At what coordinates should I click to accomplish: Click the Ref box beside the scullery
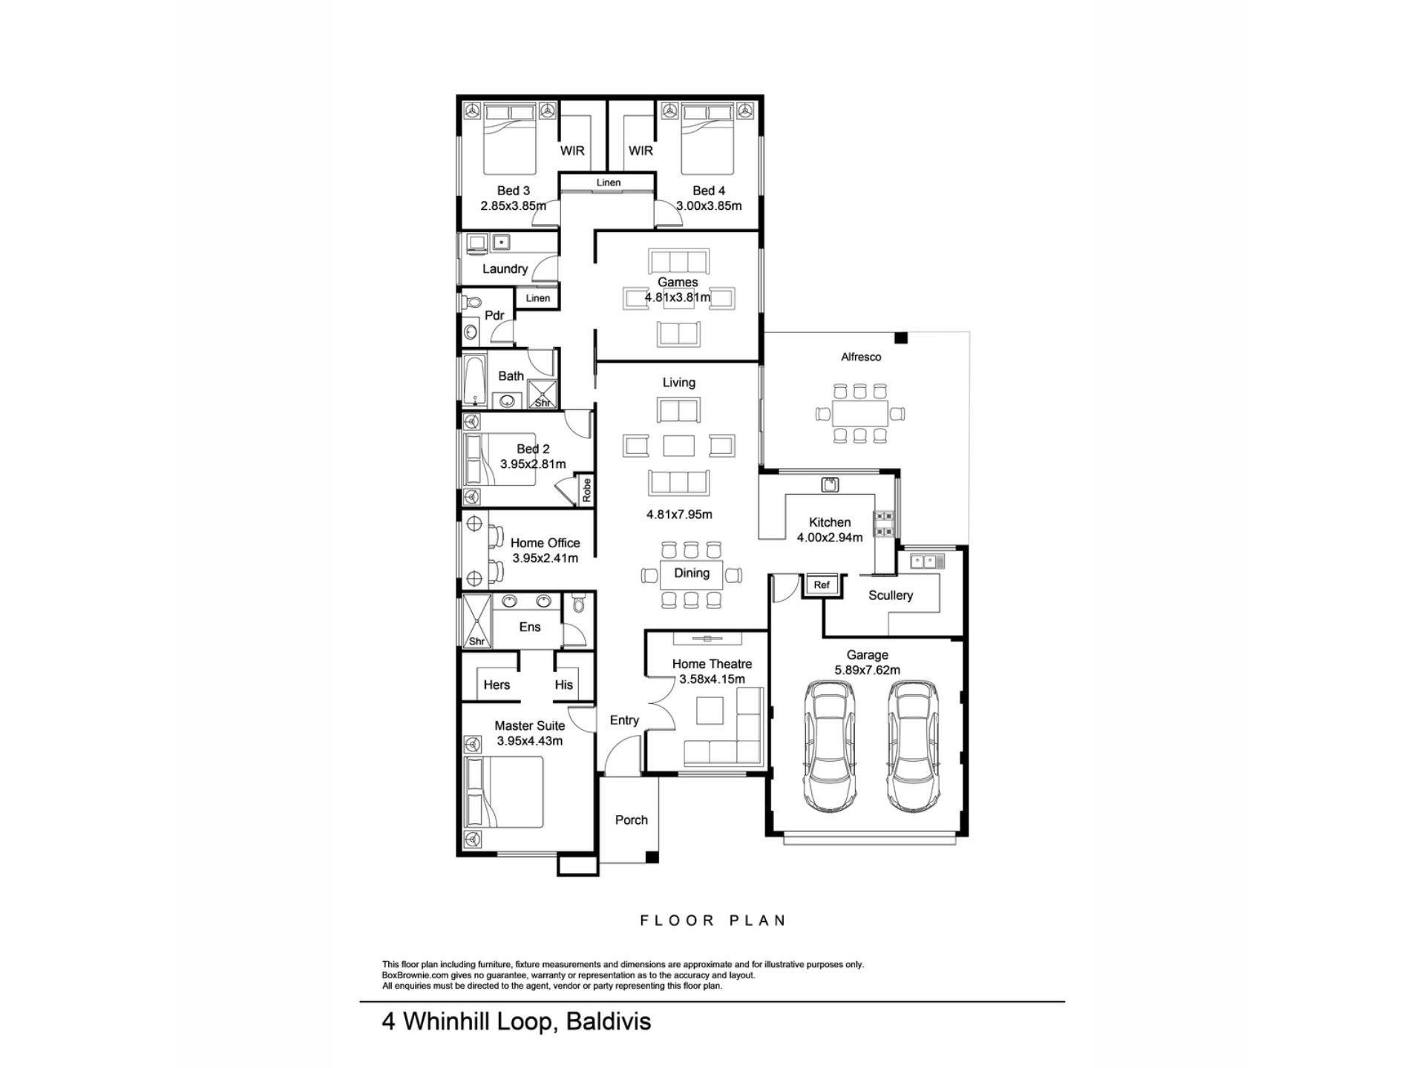point(822,585)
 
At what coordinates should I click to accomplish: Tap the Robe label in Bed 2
point(586,490)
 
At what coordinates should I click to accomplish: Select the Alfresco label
point(861,357)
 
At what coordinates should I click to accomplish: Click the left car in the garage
point(830,746)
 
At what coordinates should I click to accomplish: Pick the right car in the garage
point(916,746)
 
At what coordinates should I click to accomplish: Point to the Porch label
point(632,820)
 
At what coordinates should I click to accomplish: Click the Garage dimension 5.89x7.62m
point(868,670)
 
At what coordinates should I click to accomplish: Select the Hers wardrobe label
point(497,685)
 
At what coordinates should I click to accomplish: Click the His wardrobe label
point(564,685)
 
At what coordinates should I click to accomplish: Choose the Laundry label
point(505,269)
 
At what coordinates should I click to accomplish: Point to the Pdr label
point(494,315)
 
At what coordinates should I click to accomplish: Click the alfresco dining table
point(860,413)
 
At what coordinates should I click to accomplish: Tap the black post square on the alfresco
point(901,338)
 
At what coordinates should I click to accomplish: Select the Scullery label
point(891,596)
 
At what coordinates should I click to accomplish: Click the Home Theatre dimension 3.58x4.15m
point(712,679)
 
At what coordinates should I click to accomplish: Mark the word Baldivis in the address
point(609,1021)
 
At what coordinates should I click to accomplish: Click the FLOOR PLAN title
point(712,920)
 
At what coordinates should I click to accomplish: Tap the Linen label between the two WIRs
point(609,182)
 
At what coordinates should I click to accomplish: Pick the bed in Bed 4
point(708,139)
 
